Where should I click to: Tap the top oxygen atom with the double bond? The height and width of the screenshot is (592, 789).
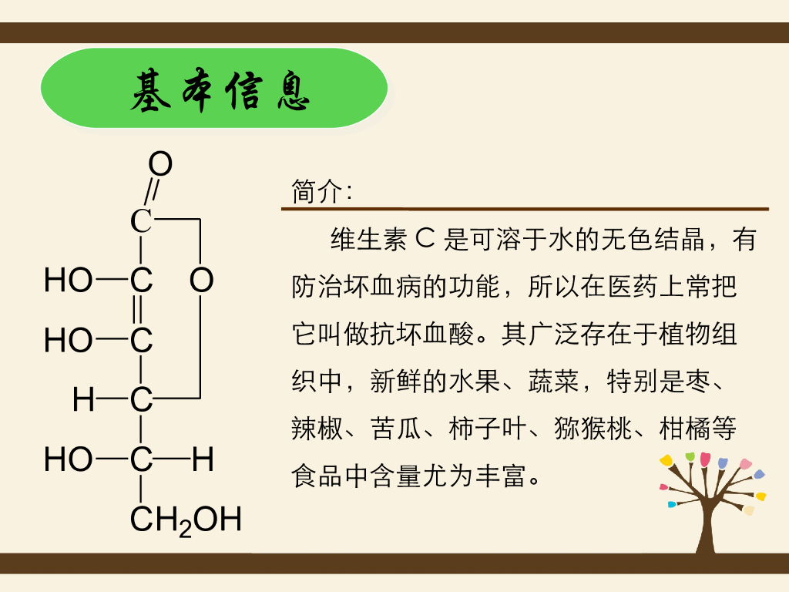coord(160,164)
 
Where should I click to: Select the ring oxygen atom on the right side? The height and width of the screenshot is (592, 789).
coord(201,280)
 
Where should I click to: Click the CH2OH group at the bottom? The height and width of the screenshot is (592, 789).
coord(186,520)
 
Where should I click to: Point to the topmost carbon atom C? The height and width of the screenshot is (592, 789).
coord(141,221)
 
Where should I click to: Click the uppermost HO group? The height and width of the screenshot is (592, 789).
coord(69,280)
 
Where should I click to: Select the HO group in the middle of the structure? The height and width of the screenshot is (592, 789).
coord(69,340)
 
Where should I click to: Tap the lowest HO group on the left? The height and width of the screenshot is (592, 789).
coord(69,460)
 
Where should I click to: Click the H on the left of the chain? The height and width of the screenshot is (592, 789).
coord(84,400)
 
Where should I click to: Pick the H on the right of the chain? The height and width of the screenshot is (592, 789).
coord(203,460)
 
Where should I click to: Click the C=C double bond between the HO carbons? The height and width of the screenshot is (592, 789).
coord(139,310)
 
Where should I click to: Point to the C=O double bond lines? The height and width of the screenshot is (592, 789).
coord(151,191)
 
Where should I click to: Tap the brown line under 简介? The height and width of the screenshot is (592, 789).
coord(524,209)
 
